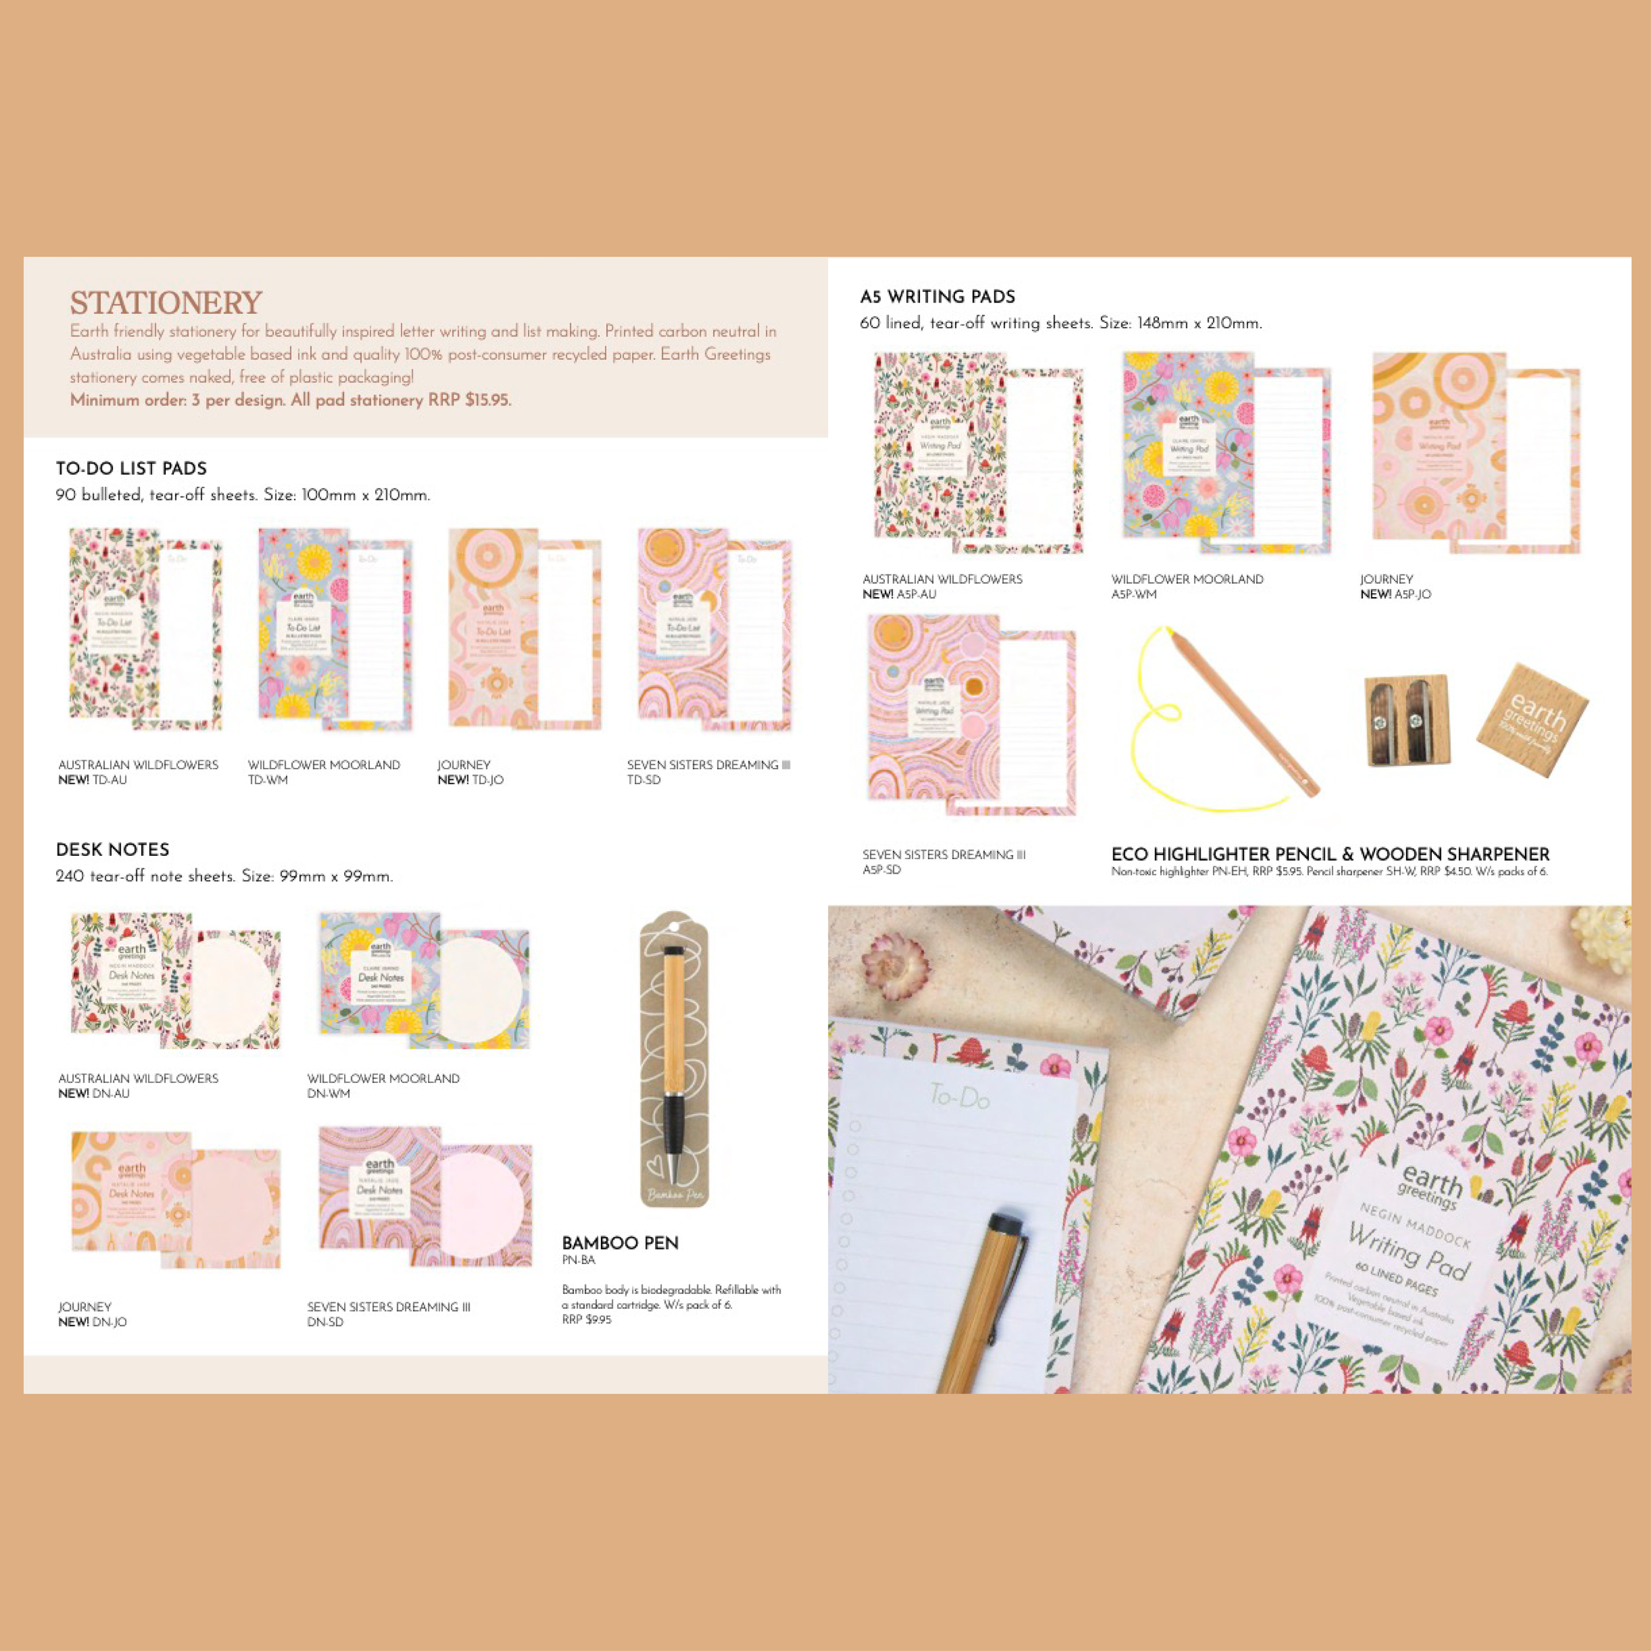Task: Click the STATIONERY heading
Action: (166, 303)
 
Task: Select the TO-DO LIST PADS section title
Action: (131, 468)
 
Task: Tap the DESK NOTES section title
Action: (113, 849)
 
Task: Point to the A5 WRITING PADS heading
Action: (938, 297)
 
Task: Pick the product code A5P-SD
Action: (881, 870)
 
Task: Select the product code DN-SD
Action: (326, 1322)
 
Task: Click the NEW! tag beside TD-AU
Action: (73, 779)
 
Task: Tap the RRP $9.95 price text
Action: (587, 1319)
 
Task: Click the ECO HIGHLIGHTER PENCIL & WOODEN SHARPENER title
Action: (1329, 854)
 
